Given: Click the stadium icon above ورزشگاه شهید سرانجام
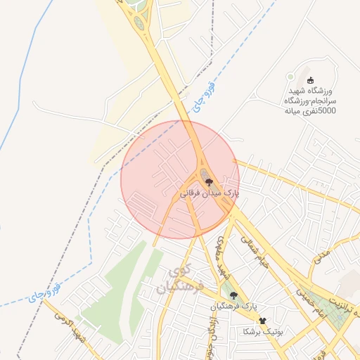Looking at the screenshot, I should tap(310, 80).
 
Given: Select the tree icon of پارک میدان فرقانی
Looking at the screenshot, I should tap(208, 181).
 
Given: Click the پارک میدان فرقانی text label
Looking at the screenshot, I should tap(210, 192).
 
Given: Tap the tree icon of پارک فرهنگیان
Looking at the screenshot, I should tap(233, 296).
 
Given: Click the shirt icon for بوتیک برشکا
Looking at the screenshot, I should tap(263, 321).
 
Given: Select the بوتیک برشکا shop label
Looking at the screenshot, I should tap(262, 331).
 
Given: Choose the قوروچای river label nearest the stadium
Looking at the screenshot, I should tap(201, 98).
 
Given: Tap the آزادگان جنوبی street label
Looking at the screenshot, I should tap(211, 335).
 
